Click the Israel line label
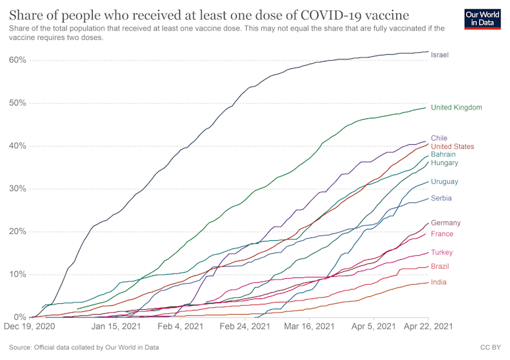[x=440, y=55]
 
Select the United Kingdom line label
[x=456, y=108]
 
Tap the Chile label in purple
[x=439, y=138]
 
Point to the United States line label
[x=453, y=146]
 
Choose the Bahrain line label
[x=444, y=154]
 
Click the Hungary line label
[x=444, y=163]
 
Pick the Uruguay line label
[x=444, y=181]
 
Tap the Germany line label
[x=446, y=223]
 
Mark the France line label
[x=442, y=234]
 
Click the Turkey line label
[x=442, y=252]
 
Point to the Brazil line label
[x=440, y=267]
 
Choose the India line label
[x=438, y=282]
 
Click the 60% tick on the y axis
[x=18, y=60]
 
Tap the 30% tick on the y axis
[x=18, y=189]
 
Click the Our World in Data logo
[x=483, y=19]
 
